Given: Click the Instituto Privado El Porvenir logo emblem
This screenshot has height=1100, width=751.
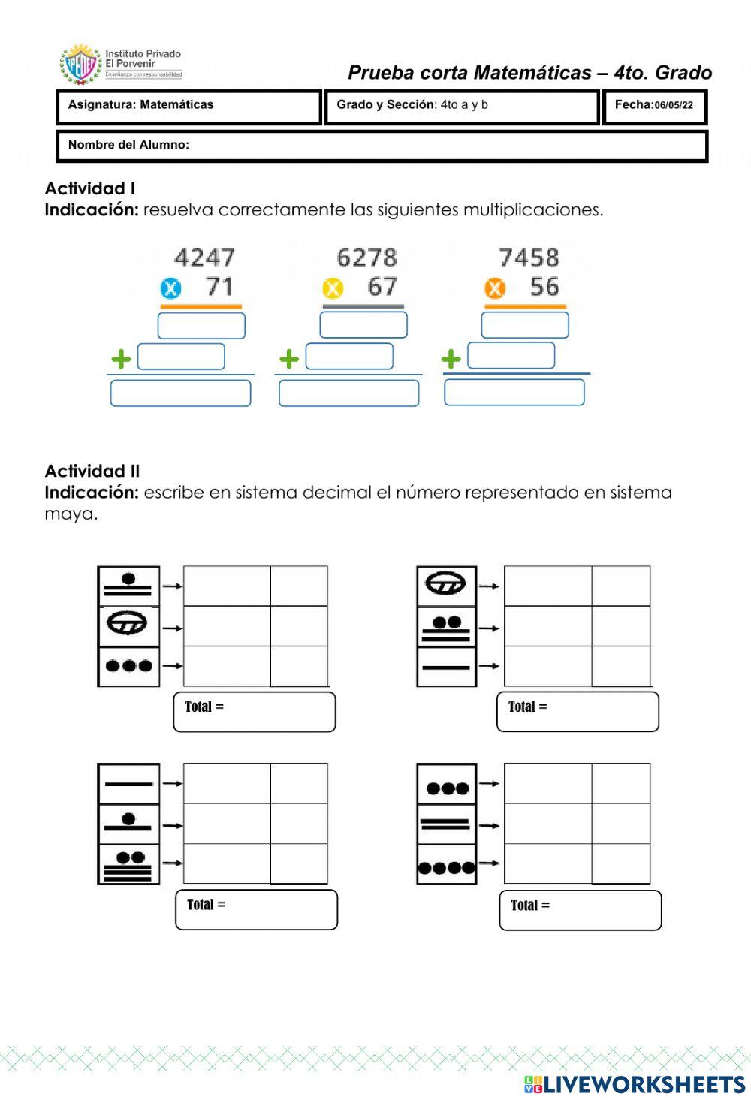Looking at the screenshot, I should [x=80, y=65].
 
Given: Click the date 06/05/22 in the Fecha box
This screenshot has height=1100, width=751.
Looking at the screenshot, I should [x=674, y=106].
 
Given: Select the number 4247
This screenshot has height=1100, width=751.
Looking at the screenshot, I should [x=204, y=258].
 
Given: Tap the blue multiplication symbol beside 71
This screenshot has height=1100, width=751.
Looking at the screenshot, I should [x=171, y=288].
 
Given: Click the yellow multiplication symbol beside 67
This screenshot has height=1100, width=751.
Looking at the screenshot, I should [x=333, y=288].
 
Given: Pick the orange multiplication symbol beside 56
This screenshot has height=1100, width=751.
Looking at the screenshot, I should [x=495, y=288].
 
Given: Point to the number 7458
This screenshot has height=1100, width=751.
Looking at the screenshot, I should [x=529, y=258].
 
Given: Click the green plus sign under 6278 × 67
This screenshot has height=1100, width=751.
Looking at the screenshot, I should [x=289, y=359].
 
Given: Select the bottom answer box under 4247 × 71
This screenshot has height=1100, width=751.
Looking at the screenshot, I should [x=180, y=393].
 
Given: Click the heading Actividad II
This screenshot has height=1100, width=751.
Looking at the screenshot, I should [x=92, y=472].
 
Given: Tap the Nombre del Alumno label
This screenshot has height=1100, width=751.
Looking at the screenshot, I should [x=128, y=145].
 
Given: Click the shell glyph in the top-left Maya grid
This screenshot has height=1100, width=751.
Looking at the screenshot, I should [x=128, y=623].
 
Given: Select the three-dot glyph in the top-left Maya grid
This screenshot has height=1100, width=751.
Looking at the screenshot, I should [x=128, y=665].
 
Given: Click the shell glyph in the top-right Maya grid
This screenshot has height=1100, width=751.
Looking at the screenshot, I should [x=447, y=583].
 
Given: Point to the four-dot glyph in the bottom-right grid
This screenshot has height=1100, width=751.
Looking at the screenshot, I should [x=447, y=868].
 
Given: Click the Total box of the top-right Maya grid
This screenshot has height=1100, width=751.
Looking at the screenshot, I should [x=578, y=711].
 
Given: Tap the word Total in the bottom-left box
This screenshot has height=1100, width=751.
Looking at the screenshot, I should [x=201, y=904].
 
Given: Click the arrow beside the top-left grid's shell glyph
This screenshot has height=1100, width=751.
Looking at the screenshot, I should [x=172, y=627].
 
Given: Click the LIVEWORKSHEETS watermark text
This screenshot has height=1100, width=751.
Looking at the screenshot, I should [x=644, y=1084].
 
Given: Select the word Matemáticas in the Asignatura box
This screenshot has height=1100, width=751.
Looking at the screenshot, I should [x=176, y=104].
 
